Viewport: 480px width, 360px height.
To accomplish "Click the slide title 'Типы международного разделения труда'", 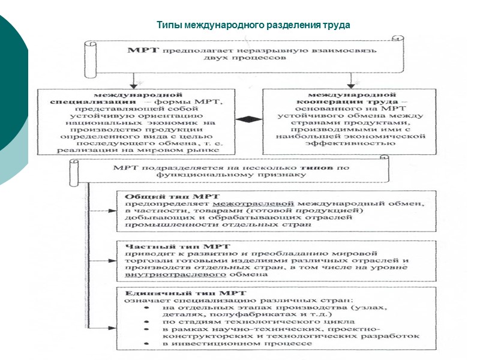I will click(x=253, y=26).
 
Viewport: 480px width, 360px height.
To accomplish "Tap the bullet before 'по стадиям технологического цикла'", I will click(x=146, y=322).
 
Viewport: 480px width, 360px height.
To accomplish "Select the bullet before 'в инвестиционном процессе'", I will click(x=146, y=344).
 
